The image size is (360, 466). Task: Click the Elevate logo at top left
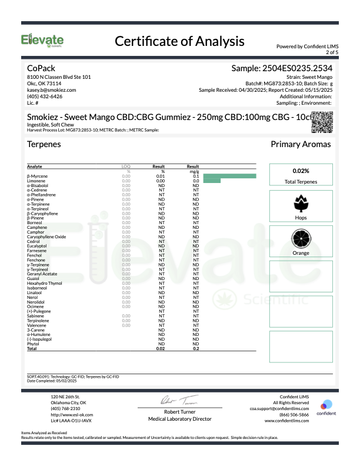(42, 41)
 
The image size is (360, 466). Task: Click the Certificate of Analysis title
(179, 41)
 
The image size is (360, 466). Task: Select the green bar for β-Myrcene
(229, 176)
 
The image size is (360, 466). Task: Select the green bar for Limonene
(211, 181)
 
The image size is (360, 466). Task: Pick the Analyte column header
(35, 167)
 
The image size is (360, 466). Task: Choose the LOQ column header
(125, 167)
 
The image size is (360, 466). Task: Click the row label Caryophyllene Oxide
(46, 237)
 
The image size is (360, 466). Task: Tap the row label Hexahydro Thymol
(44, 283)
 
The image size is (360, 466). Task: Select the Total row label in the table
(32, 349)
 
